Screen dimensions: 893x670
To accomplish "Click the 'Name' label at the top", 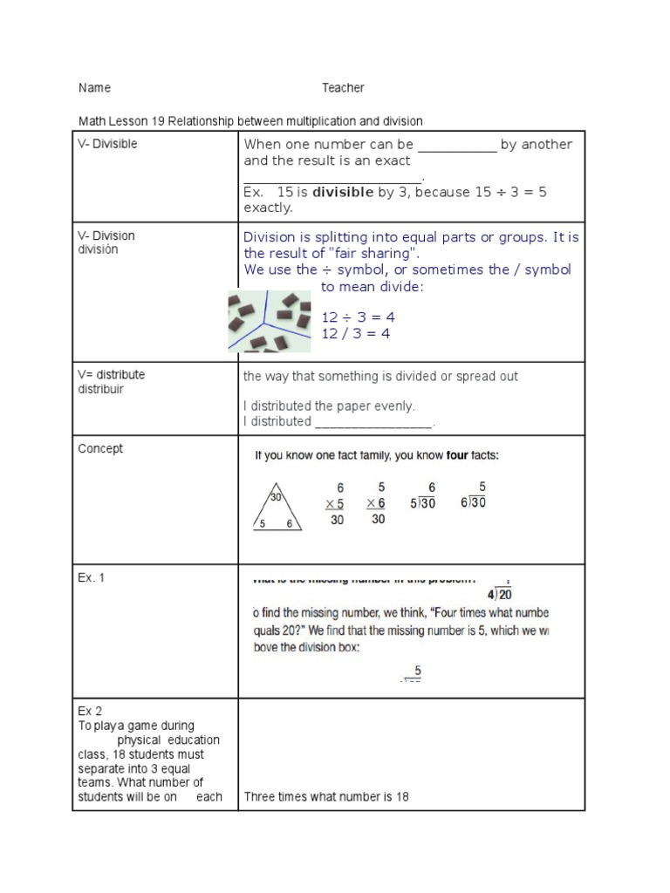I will click(94, 88).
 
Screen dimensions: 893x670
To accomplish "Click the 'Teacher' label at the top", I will click(343, 88).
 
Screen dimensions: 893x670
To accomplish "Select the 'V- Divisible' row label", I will click(107, 144).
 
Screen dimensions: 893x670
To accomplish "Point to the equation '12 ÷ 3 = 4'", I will click(359, 317).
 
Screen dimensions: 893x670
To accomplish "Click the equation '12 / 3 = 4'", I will click(357, 333).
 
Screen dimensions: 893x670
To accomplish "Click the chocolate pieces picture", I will click(270, 322).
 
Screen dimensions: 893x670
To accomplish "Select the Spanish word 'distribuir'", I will click(101, 389).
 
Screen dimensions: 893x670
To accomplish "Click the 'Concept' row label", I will click(100, 449).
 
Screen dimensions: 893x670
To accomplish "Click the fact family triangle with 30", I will click(276, 508).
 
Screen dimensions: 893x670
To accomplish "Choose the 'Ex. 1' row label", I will click(92, 577).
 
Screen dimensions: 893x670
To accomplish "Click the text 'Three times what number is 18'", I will click(326, 796).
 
